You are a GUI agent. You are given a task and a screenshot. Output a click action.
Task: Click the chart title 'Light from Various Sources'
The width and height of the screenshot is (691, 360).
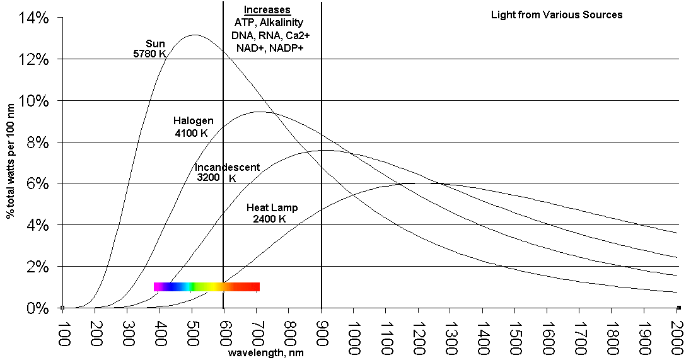click(557, 15)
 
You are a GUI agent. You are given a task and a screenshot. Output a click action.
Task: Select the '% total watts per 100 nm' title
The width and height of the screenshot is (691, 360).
click(11, 163)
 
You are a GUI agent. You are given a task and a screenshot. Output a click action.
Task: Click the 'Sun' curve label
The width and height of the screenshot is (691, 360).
click(155, 44)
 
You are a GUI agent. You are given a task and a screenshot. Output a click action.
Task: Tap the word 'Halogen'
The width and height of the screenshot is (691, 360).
click(193, 120)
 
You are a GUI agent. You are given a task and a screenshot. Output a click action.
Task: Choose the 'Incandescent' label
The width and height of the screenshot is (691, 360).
click(227, 167)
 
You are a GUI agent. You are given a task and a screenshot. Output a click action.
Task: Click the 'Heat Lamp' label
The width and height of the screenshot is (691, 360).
click(272, 207)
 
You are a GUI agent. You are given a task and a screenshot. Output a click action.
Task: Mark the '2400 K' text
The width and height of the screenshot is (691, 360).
click(269, 219)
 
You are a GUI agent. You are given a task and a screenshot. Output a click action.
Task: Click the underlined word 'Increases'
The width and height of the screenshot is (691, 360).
click(267, 9)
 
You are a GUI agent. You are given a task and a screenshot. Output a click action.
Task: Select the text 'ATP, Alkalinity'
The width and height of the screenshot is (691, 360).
click(269, 23)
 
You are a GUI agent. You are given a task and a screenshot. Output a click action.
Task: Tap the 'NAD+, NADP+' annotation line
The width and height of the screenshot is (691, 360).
click(269, 48)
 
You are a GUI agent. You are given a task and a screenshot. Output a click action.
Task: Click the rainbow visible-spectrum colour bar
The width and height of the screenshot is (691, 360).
click(207, 287)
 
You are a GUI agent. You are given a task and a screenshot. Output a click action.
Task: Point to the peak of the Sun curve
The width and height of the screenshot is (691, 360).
click(194, 35)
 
